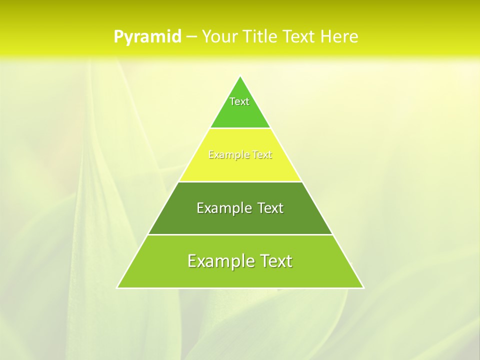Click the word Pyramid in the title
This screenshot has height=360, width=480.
pos(147,37)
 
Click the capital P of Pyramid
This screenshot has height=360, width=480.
pos(118,37)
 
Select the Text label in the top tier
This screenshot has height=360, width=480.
pos(239,101)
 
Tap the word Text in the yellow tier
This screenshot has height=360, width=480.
pos(262,155)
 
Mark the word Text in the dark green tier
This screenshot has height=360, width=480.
pos(270,208)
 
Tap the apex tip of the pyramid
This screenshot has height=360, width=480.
pos(240,76)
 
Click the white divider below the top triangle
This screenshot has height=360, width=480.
pos(240,128)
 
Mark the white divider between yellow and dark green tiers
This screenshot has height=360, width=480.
pos(240,181)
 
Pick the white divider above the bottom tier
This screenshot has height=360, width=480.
pos(240,234)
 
